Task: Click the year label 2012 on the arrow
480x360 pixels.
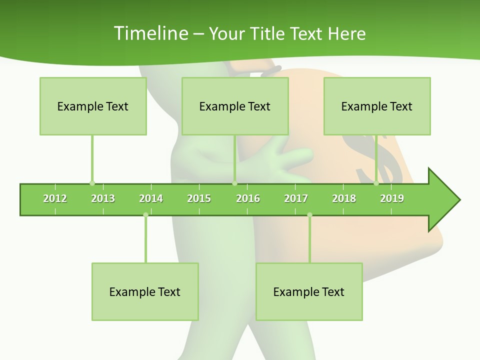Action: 55,198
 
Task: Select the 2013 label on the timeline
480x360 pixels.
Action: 103,198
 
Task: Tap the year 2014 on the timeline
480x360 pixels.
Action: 151,198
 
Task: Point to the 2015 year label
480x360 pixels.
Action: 199,198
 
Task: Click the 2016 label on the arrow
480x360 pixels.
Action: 248,198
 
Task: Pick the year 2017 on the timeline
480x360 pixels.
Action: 296,198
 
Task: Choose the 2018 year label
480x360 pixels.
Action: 344,198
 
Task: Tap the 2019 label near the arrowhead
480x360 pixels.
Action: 392,198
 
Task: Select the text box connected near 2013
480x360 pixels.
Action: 93,106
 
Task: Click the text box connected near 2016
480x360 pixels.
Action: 235,106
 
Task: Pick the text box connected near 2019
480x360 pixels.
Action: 377,106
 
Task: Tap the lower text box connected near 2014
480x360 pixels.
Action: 145,291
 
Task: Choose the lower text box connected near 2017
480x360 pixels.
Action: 309,291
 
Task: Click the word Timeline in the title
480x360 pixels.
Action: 150,33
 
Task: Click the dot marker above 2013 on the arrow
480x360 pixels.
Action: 92,183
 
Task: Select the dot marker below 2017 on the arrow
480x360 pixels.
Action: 309,215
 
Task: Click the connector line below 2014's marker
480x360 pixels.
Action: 145,240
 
